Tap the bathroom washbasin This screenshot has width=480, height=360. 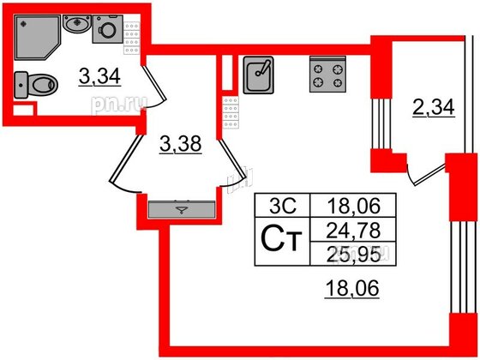(77, 23)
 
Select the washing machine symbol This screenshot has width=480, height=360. (108, 29)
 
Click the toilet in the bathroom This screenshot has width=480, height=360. (36, 85)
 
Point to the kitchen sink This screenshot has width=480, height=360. (258, 75)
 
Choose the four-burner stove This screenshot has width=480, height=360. (327, 74)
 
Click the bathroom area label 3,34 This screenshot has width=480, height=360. (99, 76)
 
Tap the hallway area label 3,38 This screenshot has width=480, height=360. (180, 144)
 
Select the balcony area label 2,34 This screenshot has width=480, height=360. (433, 108)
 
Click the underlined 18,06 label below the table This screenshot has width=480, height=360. (352, 288)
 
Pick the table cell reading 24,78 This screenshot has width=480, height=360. (353, 230)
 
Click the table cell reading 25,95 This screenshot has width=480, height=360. (353, 254)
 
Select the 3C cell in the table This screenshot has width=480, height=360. (282, 206)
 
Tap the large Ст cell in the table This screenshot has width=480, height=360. (282, 241)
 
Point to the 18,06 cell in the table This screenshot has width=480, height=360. (353, 206)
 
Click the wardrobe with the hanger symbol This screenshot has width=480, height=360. (182, 209)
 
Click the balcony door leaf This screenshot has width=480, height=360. (429, 175)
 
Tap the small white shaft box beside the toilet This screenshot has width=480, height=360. (23, 111)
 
